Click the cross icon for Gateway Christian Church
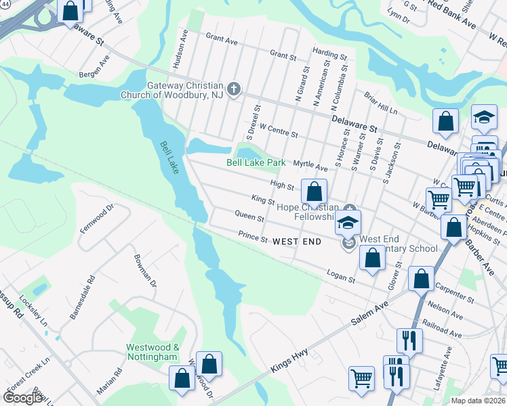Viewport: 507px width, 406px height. pos(234,89)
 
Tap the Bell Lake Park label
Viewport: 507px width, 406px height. pos(256,163)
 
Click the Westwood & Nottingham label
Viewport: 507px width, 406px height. pos(153,352)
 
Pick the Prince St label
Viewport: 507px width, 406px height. pos(253,238)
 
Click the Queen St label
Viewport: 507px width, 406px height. pos(249,217)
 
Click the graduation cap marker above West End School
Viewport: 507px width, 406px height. pos(348,222)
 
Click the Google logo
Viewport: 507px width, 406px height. pos(22,398)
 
